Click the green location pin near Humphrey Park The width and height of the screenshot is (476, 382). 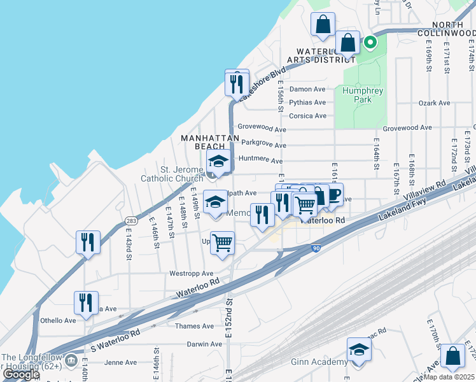(370, 43)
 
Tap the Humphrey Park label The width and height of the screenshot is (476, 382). (363, 95)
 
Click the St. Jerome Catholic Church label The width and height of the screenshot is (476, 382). (172, 174)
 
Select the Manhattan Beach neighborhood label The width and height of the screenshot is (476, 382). (210, 142)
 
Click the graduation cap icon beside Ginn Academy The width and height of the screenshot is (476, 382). (359, 350)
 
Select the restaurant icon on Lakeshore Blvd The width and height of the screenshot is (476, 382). (237, 83)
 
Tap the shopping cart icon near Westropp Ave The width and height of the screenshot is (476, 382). (223, 243)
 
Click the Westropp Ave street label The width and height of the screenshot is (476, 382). (191, 273)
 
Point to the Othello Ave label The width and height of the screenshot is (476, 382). (58, 320)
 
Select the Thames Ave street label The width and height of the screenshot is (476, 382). (195, 326)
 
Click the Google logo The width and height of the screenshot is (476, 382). (20, 374)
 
